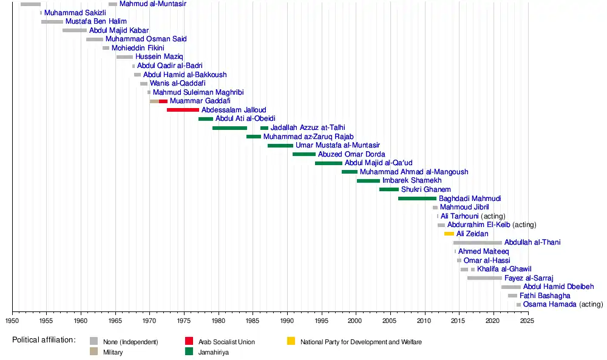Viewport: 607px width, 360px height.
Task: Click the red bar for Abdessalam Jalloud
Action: coord(183,110)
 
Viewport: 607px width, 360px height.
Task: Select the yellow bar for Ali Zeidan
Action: coord(449,234)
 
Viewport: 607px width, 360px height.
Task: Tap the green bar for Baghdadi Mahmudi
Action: coord(417,199)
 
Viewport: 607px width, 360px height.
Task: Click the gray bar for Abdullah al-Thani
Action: coord(477,242)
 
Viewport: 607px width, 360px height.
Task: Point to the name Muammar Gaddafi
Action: coord(200,101)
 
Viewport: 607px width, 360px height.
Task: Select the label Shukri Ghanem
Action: coord(426,189)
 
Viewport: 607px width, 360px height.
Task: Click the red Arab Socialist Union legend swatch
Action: coord(189,341)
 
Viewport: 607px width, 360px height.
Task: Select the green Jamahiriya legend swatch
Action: coord(189,352)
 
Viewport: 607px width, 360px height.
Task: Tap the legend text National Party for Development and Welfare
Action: coord(361,342)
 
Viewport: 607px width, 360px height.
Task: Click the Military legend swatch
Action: coord(93,352)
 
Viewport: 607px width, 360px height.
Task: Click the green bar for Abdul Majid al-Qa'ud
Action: coord(328,163)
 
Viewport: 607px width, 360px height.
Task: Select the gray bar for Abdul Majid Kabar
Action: coord(74,30)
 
